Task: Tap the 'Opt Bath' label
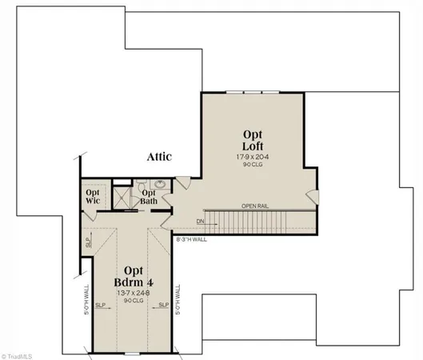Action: (x=149, y=197)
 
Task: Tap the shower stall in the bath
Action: (x=122, y=197)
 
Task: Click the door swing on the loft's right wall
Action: (x=313, y=195)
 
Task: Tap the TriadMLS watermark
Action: (x=22, y=353)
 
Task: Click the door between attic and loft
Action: (x=184, y=183)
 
